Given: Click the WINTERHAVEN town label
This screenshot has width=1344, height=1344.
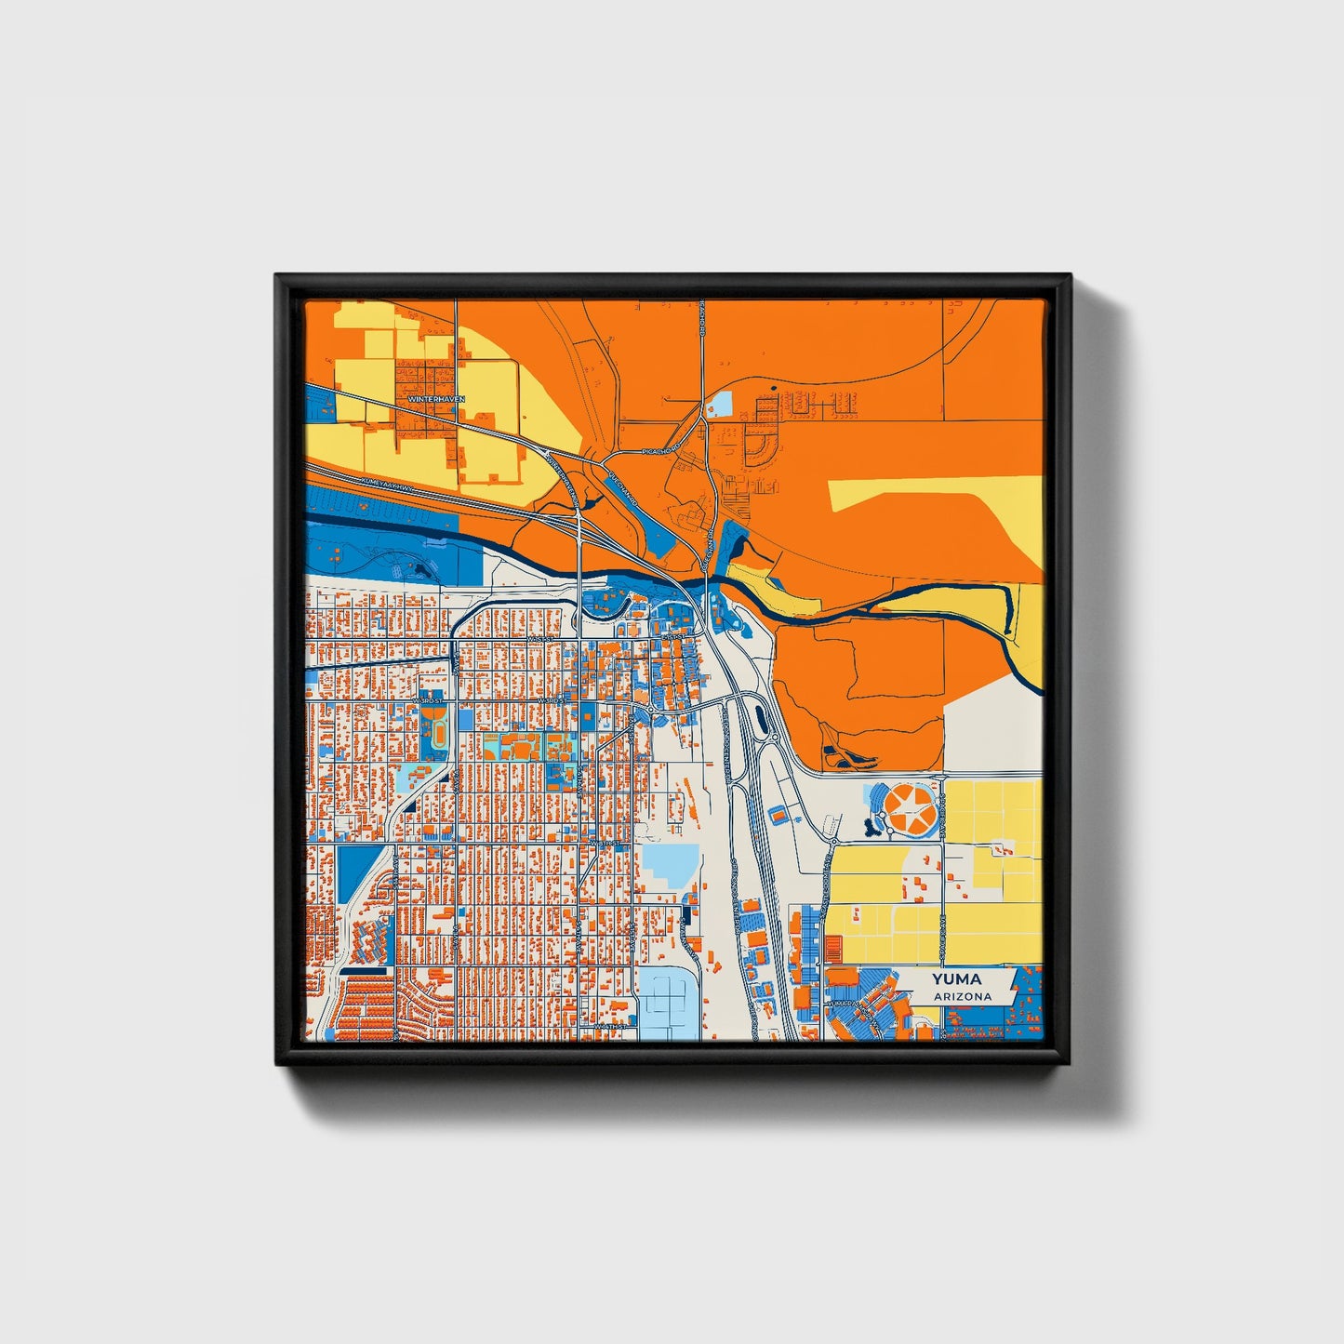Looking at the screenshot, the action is click(x=436, y=399).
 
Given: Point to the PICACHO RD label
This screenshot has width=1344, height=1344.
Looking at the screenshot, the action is click(x=661, y=451).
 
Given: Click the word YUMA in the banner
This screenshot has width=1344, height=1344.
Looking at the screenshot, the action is click(x=957, y=979).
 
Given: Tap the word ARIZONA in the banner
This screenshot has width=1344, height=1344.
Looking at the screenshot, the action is click(x=963, y=996).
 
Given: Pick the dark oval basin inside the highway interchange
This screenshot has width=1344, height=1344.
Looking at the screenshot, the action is click(x=762, y=718).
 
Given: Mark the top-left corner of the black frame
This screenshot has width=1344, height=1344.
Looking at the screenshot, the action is click(x=276, y=275).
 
